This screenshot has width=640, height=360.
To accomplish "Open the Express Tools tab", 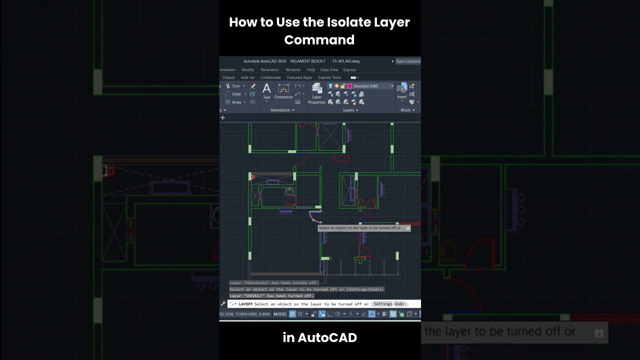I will point(329,77).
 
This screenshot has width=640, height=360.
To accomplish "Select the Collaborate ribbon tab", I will point(270,77).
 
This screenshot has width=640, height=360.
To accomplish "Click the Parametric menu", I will point(269,70).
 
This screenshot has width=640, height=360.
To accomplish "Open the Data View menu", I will point(329,70).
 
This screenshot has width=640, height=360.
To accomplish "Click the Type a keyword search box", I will point(408,61).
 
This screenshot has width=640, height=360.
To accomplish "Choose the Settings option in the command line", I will point(382,304).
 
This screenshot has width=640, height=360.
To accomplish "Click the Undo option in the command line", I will point(398,304).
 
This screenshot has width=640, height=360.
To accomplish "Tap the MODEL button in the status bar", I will point(280,314).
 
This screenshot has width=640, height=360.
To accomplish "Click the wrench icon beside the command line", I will point(223,303).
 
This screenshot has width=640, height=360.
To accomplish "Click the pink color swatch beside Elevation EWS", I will point(349,86).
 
